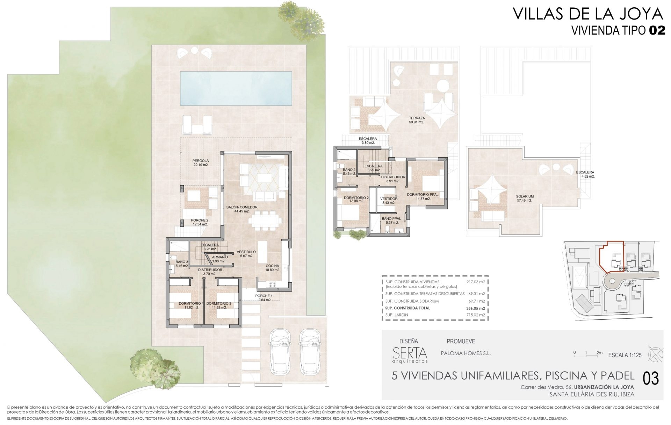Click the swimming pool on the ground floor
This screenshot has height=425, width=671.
(236, 88)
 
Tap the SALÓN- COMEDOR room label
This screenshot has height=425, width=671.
(241, 207)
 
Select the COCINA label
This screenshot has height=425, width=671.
(272, 266)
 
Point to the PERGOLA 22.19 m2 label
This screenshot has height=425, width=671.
(201, 163)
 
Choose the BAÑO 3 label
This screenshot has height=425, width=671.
(182, 262)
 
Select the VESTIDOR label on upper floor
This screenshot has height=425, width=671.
(389, 199)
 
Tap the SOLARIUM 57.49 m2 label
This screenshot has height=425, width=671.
(525, 198)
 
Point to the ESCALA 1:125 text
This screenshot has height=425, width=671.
(625, 355)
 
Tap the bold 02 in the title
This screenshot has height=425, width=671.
(657, 31)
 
